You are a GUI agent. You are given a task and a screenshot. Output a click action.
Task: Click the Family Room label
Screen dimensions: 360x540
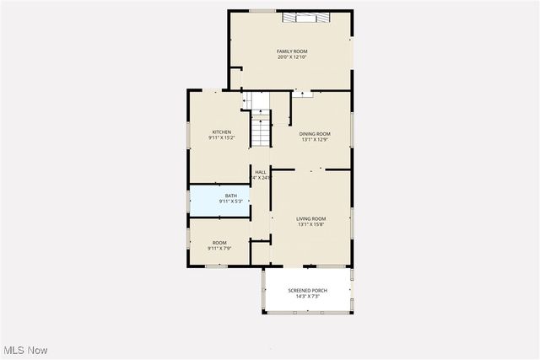[292, 51]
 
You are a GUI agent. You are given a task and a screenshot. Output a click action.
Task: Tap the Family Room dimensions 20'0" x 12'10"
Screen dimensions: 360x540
[292, 57]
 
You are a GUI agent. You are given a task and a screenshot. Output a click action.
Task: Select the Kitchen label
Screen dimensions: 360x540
[221, 132]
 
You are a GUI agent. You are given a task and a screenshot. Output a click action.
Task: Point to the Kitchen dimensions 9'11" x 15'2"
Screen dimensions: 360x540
[221, 137]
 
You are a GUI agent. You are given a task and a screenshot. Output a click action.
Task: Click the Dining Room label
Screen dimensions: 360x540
[315, 134]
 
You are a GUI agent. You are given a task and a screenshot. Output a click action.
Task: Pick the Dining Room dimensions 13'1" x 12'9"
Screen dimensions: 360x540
[315, 140]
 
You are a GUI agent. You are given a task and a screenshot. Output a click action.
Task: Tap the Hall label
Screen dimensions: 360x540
[261, 172]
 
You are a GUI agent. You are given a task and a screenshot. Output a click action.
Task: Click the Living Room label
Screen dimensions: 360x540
[310, 218]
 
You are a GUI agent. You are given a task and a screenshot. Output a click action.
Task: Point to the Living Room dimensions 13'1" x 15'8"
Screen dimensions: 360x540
[310, 224]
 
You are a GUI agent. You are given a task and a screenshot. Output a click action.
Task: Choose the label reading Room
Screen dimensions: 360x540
[219, 243]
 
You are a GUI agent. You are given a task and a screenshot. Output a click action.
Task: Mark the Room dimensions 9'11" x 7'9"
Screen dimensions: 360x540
[219, 249]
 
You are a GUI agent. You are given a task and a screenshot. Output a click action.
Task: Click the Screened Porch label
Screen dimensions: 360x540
[307, 290]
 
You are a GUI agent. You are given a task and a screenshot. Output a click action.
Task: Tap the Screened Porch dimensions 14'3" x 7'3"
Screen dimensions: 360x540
[307, 296]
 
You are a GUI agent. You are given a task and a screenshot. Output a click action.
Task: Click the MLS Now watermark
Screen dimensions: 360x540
[26, 350]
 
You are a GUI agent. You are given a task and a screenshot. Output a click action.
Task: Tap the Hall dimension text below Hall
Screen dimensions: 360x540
[261, 178]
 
